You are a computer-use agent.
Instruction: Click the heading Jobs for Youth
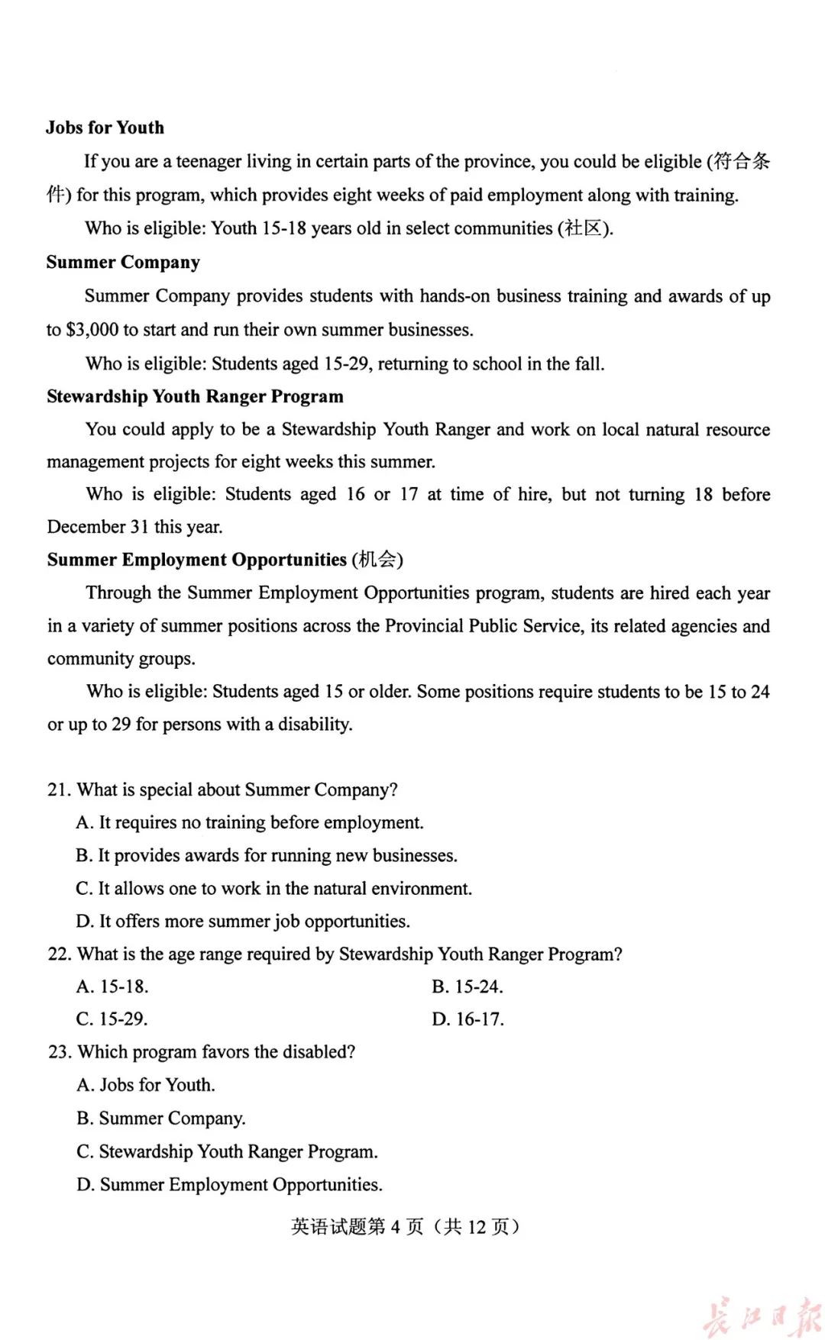[105, 128]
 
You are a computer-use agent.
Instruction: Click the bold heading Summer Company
[123, 262]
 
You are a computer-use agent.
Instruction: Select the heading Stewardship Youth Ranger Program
[195, 396]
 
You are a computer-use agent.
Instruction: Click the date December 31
[97, 527]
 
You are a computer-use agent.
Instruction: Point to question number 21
[59, 789]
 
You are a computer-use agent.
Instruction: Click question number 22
[60, 954]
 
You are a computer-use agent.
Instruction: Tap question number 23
[60, 1052]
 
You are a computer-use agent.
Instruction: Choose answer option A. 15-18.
[112, 986]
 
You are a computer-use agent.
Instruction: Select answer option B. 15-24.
[467, 986]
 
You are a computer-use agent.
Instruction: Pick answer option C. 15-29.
[112, 1019]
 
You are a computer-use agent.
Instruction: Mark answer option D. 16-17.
[467, 1019]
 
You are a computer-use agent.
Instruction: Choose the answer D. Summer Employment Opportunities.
[229, 1185]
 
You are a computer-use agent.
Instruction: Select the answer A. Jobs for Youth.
[146, 1085]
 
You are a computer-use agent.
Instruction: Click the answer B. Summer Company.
[161, 1119]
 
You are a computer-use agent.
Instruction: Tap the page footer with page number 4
[406, 1227]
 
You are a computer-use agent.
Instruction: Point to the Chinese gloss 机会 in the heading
[377, 560]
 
